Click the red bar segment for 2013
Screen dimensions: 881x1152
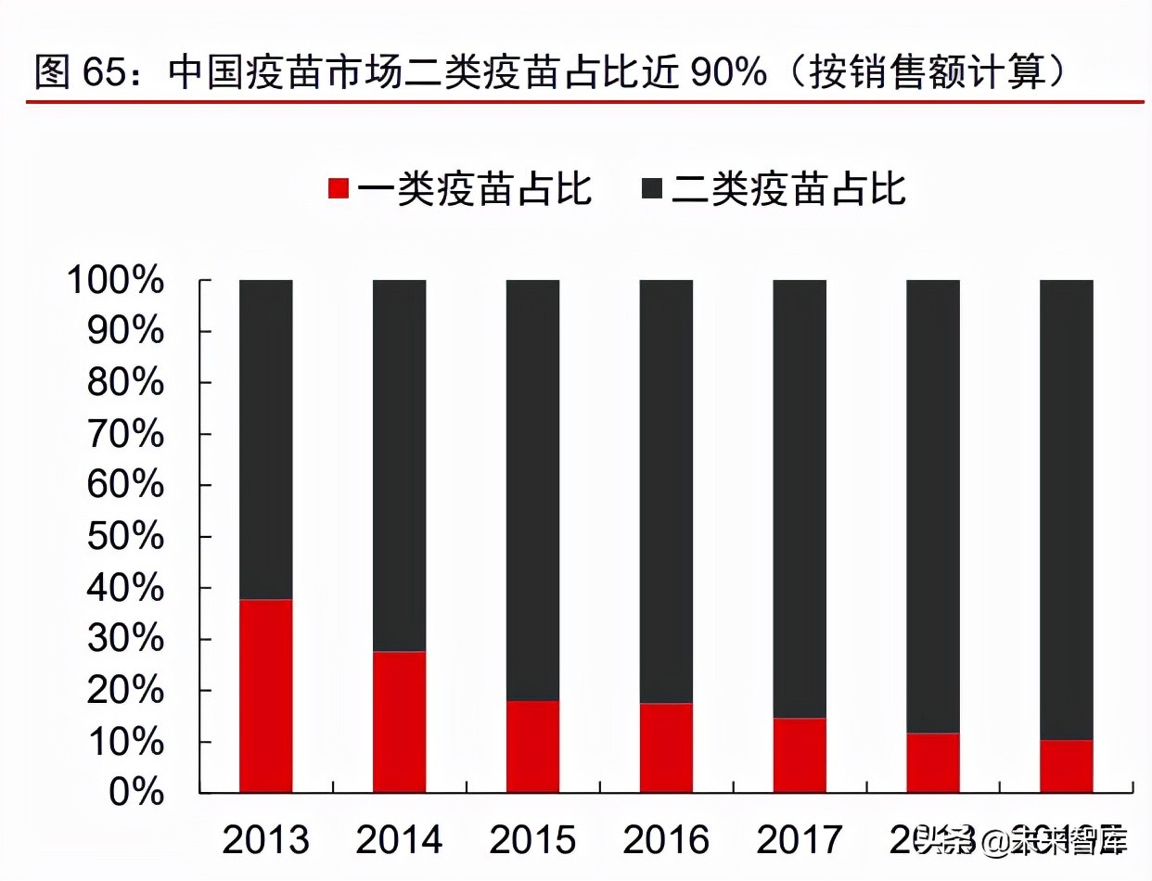click(x=265, y=696)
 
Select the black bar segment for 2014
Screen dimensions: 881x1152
click(x=399, y=464)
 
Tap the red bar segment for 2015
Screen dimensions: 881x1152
click(x=532, y=747)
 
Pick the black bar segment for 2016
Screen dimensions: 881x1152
click(x=666, y=492)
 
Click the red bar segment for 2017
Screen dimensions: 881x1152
click(x=800, y=755)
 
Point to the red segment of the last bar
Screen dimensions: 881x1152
click(x=1066, y=766)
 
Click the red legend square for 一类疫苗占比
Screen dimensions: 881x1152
click(x=339, y=189)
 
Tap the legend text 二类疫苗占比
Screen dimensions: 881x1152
click(x=788, y=189)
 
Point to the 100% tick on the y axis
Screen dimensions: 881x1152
click(x=115, y=281)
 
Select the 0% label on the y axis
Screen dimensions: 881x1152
click(x=137, y=793)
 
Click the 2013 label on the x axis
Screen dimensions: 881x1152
click(x=265, y=840)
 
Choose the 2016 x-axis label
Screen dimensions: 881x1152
click(x=666, y=840)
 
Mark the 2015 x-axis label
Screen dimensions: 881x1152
click(x=532, y=840)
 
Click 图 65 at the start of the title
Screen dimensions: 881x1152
click(x=80, y=72)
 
